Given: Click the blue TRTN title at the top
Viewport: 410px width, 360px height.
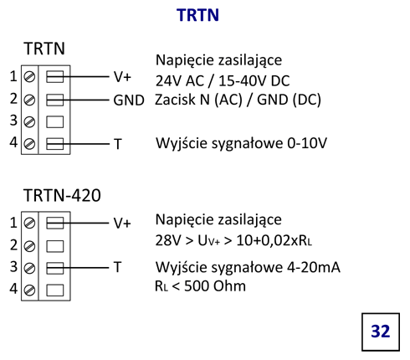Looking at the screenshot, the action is (x=197, y=15).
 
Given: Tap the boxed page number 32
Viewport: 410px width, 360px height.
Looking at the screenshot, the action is (x=381, y=332).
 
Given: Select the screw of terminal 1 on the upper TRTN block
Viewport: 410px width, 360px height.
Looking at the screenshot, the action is (x=29, y=77).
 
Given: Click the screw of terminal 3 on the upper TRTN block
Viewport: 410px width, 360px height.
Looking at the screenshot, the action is (x=29, y=122).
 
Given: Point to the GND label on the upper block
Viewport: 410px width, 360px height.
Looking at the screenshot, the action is (x=129, y=100).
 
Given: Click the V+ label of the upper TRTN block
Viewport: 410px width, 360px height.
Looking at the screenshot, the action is (x=122, y=77).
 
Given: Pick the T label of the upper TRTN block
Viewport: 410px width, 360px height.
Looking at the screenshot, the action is (x=118, y=144).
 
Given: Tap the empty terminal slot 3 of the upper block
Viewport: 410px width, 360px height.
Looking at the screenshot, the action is (x=54, y=122).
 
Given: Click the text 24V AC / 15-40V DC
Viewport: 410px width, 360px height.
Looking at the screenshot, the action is (x=223, y=81).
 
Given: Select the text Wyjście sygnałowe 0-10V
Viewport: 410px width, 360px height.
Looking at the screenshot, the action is (x=241, y=143).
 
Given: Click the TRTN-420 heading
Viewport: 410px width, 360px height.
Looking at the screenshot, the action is (x=62, y=195).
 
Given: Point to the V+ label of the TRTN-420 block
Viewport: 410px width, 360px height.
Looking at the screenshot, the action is (x=122, y=224).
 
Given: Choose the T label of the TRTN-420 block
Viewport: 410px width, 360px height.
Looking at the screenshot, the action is (x=118, y=267).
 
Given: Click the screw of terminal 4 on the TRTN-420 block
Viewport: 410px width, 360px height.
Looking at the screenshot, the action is (x=29, y=291).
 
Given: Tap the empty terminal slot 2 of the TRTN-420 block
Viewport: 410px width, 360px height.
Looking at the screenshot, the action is (x=54, y=246).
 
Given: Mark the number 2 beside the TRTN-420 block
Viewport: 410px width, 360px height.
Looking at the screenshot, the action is (x=13, y=244).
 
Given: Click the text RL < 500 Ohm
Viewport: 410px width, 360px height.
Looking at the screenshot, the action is (x=200, y=286).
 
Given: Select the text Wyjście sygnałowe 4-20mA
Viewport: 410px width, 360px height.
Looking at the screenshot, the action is (x=248, y=268).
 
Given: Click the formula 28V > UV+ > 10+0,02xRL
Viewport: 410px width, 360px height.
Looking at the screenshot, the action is (x=233, y=240).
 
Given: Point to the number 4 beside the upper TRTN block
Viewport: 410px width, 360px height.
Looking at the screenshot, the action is (x=13, y=142).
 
